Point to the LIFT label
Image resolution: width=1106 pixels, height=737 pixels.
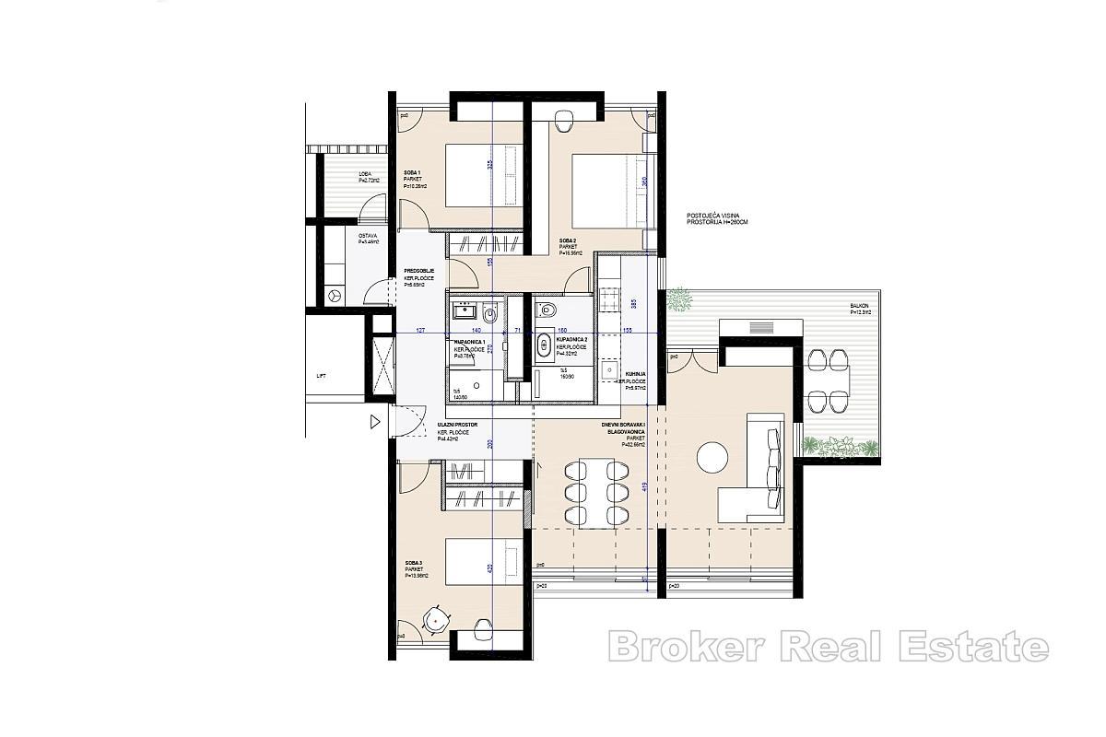tap(321, 376)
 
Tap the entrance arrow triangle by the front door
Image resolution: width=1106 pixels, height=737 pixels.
tap(374, 422)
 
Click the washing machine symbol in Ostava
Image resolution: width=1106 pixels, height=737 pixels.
tap(335, 295)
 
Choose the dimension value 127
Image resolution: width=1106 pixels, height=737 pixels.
tap(420, 329)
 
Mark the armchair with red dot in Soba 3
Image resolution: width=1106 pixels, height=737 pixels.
tap(436, 620)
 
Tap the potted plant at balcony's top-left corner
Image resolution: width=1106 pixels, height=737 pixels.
tap(679, 298)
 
